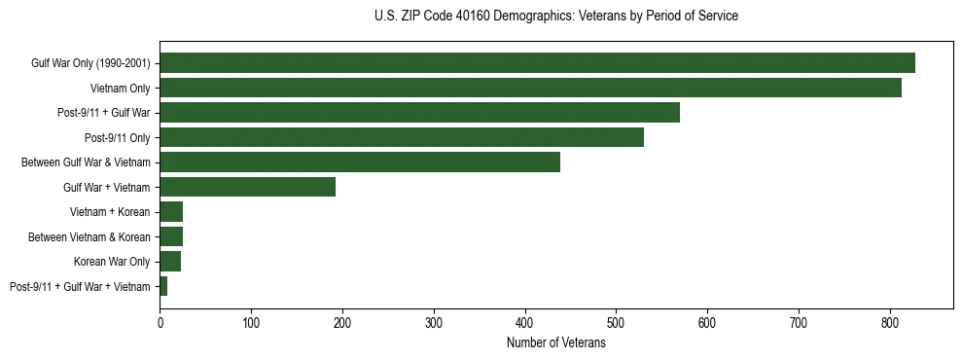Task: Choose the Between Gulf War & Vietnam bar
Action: click(x=360, y=162)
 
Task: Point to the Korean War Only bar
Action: click(x=170, y=261)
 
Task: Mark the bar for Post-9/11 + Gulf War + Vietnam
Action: click(x=163, y=286)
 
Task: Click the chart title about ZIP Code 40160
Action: click(x=555, y=17)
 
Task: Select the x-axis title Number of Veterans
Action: click(x=555, y=343)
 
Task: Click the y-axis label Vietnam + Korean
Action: click(x=110, y=212)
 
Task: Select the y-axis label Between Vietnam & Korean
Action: click(x=89, y=236)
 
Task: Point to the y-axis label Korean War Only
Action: click(x=112, y=262)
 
